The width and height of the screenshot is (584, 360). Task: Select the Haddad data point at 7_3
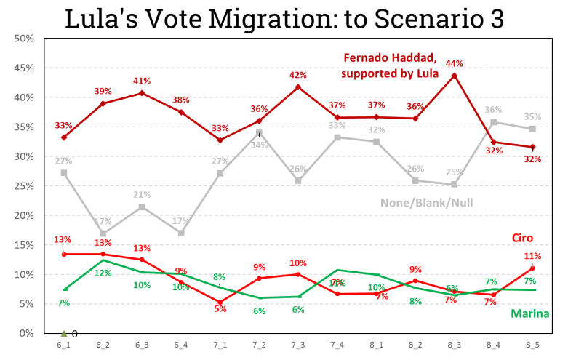click(297, 87)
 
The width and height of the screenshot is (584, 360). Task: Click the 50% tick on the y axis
click(23, 38)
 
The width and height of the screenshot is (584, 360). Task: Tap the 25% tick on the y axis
click(23, 185)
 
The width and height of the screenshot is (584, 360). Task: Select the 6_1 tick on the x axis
click(65, 345)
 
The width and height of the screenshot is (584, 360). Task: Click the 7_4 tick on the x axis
click(337, 345)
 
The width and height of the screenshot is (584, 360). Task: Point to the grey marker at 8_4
click(493, 122)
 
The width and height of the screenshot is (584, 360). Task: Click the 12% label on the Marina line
click(103, 273)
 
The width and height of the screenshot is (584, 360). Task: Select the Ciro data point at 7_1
click(220, 302)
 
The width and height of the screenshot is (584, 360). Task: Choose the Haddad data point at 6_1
click(65, 137)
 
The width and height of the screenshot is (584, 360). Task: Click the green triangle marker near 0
click(64, 333)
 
